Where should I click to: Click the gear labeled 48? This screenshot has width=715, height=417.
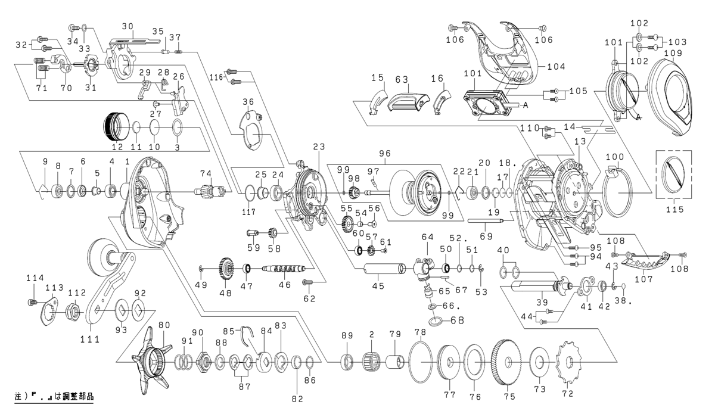coord(227,269)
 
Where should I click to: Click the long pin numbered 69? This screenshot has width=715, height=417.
coord(486,221)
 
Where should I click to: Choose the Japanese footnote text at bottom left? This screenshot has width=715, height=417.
coord(54,396)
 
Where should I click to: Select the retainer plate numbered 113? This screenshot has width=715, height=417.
coord(52,311)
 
